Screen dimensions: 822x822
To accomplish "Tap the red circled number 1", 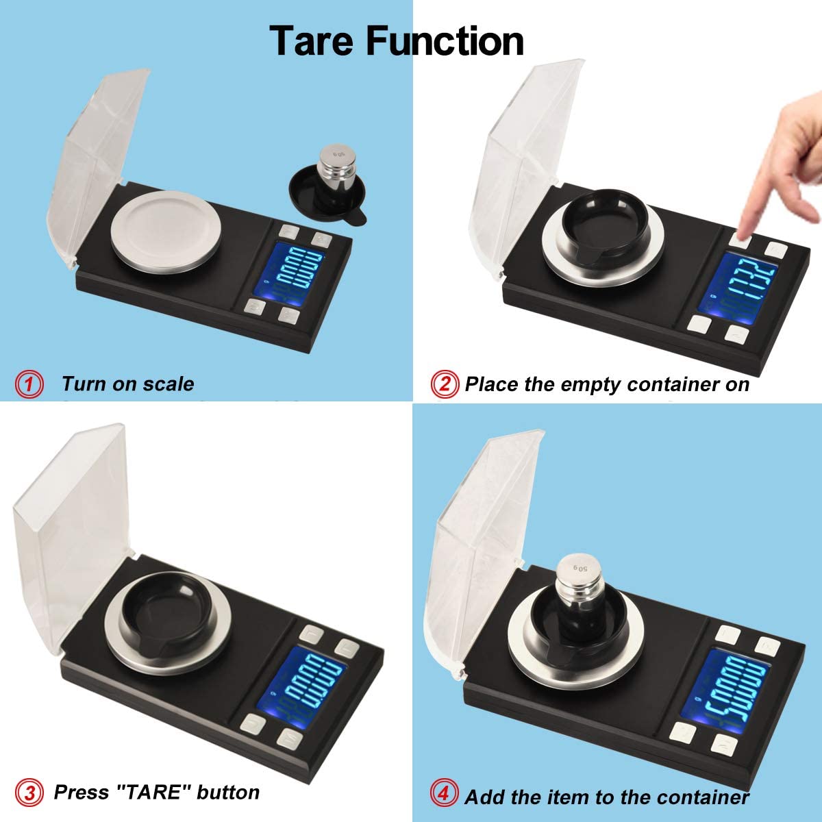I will click(29, 384).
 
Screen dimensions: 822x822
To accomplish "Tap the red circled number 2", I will click(445, 384).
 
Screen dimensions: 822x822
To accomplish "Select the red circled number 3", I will click(29, 793).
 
